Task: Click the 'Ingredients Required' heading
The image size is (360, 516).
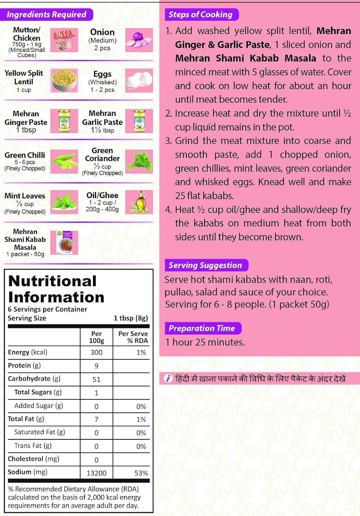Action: tap(46, 14)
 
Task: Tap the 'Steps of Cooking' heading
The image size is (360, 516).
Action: tap(200, 14)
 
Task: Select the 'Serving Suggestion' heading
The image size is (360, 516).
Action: tap(205, 265)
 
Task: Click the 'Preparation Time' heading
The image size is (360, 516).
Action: tap(202, 328)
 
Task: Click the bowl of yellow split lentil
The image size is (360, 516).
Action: tap(64, 81)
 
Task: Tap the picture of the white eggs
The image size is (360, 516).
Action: tap(139, 81)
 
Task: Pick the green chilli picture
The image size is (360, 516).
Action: tap(64, 161)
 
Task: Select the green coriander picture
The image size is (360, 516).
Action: tap(139, 161)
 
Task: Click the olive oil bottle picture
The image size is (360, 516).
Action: tap(139, 202)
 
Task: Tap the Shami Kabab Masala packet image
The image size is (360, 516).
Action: tap(64, 243)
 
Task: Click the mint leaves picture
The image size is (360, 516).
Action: tap(64, 202)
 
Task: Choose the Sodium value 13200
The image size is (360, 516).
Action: tap(96, 473)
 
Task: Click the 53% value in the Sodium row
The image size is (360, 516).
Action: tap(141, 473)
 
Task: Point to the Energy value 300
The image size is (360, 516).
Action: tap(96, 352)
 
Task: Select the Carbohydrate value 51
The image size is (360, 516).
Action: tap(96, 379)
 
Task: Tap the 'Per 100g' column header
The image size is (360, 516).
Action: tap(96, 337)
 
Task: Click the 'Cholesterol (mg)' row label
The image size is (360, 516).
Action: tap(33, 459)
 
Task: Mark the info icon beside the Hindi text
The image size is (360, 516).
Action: tap(168, 379)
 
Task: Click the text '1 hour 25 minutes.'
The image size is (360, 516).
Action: tap(205, 342)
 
